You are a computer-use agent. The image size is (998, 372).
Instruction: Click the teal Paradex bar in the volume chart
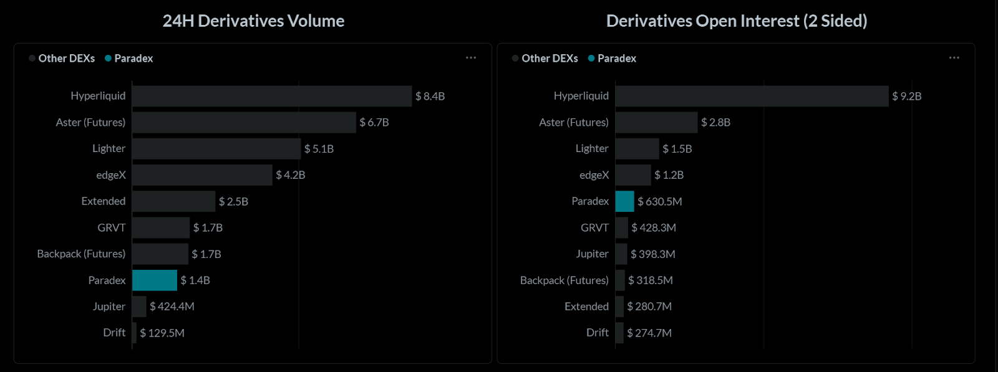pos(155,280)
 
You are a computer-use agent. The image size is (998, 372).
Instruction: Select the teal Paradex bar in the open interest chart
pos(624,201)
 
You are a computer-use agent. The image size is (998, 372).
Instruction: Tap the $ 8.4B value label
pos(430,96)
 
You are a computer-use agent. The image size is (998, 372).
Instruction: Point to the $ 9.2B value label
pos(906,96)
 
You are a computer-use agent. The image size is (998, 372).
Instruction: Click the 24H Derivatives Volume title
pos(253,21)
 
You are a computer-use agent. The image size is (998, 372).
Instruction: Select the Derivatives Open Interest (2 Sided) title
pos(737,21)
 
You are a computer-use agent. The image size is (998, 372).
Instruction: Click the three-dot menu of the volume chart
pos(471,58)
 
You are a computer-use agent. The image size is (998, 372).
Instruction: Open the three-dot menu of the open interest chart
pos(954,58)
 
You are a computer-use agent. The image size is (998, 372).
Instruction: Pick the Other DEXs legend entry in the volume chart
pos(62,59)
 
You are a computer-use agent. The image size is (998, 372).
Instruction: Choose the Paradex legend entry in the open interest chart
pos(612,59)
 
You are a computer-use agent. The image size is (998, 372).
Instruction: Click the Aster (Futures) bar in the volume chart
pos(244,122)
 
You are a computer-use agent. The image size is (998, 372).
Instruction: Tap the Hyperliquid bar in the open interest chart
pos(752,96)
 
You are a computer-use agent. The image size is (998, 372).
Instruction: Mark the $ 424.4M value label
pos(172,307)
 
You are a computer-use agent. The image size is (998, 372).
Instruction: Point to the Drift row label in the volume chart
pos(114,333)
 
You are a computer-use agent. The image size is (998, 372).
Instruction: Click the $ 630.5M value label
pos(659,201)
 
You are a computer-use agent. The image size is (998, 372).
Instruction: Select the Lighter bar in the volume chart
pos(216,148)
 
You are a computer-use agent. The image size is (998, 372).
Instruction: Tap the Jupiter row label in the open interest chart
pos(592,254)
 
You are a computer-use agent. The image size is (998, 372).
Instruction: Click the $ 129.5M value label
pos(162,333)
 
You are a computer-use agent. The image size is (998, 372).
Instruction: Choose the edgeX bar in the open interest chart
pos(632,175)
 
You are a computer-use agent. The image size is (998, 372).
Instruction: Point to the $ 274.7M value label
pos(649,333)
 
